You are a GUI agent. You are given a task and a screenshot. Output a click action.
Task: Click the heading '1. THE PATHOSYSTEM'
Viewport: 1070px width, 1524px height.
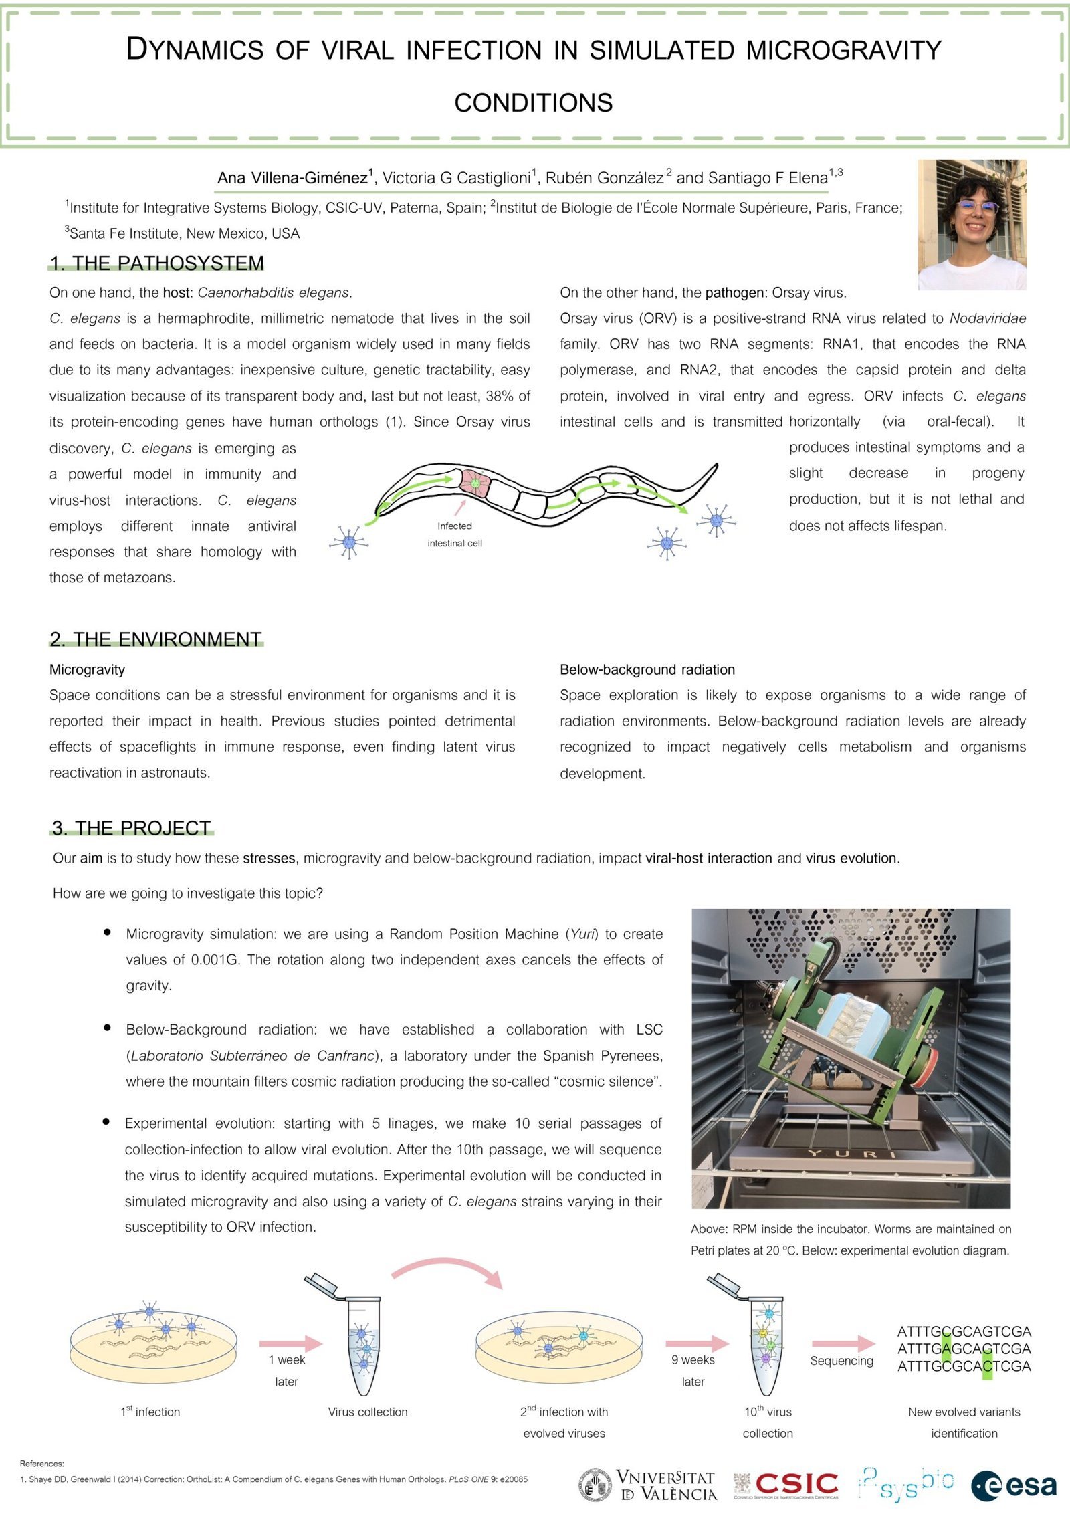157,263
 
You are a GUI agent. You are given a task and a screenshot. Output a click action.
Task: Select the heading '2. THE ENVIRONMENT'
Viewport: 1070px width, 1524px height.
156,639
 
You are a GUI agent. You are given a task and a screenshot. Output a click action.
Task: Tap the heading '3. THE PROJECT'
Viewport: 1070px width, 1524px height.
132,828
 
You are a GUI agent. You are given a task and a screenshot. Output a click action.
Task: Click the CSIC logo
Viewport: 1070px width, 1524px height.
786,1485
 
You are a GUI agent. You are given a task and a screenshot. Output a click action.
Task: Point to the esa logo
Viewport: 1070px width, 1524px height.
1014,1486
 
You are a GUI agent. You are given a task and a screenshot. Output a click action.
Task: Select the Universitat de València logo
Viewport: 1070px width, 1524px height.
648,1485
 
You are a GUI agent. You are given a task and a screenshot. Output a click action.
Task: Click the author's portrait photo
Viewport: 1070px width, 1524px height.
972,225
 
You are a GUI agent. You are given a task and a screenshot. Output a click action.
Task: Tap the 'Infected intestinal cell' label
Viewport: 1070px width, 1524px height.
455,534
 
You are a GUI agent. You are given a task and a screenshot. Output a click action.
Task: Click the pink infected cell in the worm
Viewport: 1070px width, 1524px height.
474,482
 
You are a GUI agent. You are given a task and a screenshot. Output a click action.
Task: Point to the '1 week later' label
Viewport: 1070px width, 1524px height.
287,1370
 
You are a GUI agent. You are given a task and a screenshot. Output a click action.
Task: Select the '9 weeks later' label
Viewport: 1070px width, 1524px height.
693,1370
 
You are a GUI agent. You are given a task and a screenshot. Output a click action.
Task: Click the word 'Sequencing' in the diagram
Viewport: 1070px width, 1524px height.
841,1360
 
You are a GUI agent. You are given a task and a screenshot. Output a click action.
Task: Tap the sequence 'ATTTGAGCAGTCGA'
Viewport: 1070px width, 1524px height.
964,1349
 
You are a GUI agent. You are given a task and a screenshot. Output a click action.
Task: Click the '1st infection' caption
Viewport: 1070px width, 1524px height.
150,1412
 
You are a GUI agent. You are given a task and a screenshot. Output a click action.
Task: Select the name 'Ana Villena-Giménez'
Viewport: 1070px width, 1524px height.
293,177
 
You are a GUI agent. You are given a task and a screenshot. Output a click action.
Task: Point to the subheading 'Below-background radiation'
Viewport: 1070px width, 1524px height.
647,669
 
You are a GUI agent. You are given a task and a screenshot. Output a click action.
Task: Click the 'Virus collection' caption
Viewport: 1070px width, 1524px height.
368,1412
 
